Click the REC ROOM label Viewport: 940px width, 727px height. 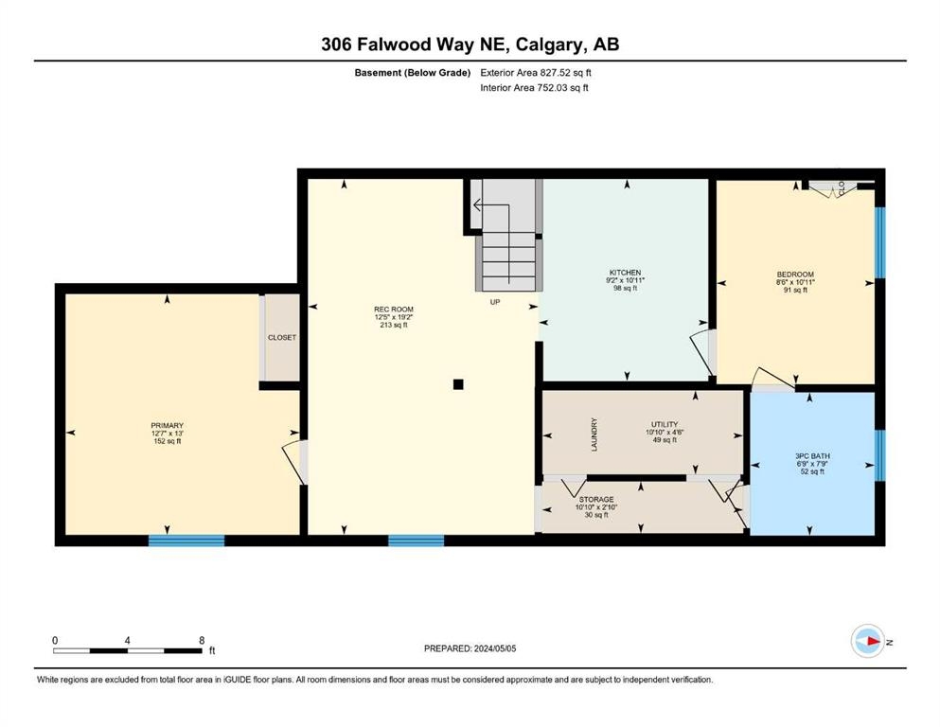(x=394, y=310)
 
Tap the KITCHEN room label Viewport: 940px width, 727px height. (x=626, y=273)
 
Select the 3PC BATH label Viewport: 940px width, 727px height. (x=812, y=456)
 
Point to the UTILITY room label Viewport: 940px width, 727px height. (x=665, y=424)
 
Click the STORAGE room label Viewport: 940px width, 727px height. (x=596, y=499)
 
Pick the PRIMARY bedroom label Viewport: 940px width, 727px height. (x=168, y=426)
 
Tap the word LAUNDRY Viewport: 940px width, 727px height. (x=594, y=434)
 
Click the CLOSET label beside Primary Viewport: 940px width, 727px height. (x=282, y=337)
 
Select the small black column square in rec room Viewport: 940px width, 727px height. (x=458, y=384)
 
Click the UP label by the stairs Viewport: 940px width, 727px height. (x=495, y=302)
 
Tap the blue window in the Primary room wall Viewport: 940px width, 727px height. (x=186, y=541)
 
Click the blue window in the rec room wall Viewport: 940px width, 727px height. (x=417, y=541)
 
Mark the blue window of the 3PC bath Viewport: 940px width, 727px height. (x=880, y=455)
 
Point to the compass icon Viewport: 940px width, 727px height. (x=868, y=641)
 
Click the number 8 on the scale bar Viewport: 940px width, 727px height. (x=202, y=640)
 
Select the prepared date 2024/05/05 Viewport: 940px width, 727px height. (x=495, y=648)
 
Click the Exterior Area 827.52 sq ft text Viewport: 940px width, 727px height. (x=536, y=73)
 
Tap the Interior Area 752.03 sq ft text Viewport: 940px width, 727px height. (x=534, y=87)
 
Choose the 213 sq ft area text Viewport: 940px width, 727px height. (x=394, y=325)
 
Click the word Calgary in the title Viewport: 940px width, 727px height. (x=550, y=44)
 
